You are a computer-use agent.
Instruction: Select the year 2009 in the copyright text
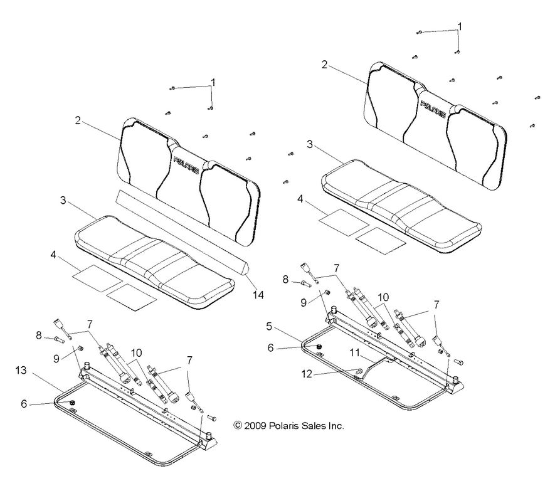(256, 425)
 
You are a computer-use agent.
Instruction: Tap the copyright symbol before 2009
(238, 425)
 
